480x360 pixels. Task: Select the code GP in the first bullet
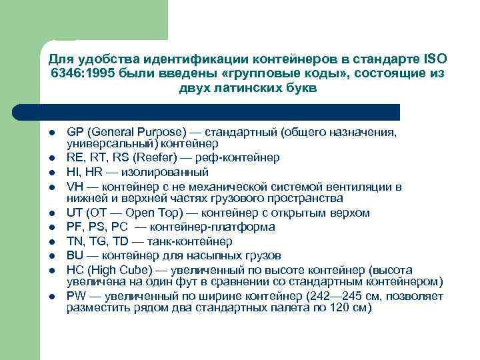(75, 132)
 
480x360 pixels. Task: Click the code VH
(75, 186)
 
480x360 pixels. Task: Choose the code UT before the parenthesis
(75, 213)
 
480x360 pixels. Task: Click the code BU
(75, 255)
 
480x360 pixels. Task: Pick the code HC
(75, 269)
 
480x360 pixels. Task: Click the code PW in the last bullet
(76, 297)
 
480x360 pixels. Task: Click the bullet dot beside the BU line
(51, 255)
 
